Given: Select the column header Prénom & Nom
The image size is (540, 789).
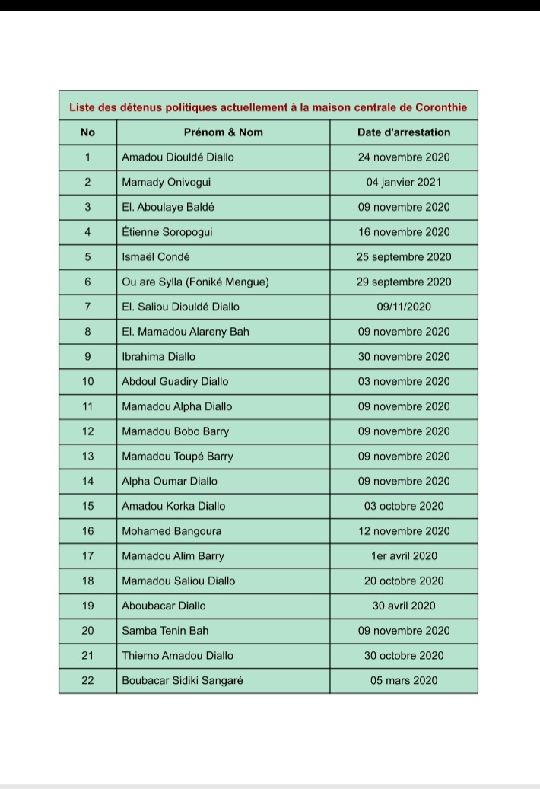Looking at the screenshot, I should pyautogui.click(x=224, y=132).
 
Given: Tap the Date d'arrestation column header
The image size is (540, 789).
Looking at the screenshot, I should pyautogui.click(x=404, y=132).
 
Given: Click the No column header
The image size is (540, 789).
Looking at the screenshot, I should pyautogui.click(x=87, y=132).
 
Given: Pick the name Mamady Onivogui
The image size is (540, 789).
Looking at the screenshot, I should pyautogui.click(x=167, y=183).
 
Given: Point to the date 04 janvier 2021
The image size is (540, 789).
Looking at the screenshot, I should pyautogui.click(x=404, y=183).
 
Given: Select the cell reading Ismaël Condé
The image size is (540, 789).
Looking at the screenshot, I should pyautogui.click(x=156, y=257).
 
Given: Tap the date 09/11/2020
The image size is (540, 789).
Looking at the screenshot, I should pyautogui.click(x=404, y=307).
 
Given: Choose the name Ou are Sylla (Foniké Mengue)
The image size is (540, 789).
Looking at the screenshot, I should pyautogui.click(x=195, y=282).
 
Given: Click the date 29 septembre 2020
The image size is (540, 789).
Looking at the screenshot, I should pyautogui.click(x=404, y=282).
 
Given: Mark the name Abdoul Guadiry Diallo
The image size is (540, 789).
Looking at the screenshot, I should pyautogui.click(x=175, y=382).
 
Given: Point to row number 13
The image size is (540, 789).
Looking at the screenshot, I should pyautogui.click(x=87, y=457).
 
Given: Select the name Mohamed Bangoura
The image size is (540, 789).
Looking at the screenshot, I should pyautogui.click(x=172, y=531).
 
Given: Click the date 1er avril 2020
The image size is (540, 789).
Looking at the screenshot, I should pyautogui.click(x=404, y=556).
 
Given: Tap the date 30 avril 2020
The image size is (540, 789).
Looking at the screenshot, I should pyautogui.click(x=404, y=606).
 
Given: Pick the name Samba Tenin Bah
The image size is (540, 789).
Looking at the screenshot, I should pyautogui.click(x=165, y=631).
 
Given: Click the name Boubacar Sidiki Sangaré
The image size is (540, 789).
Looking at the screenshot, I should pyautogui.click(x=183, y=681).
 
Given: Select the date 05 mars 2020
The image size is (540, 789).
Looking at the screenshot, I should pyautogui.click(x=404, y=681).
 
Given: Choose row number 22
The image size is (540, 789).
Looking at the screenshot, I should pyautogui.click(x=87, y=681).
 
